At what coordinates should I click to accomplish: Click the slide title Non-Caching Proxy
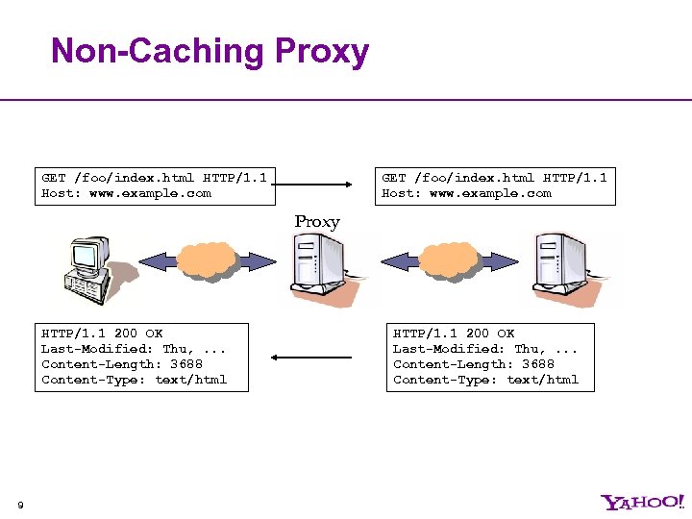coord(210,51)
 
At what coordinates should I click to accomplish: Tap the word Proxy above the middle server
coord(317,222)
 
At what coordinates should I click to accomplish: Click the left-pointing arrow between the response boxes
coord(311,358)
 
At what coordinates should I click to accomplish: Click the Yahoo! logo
coord(643,502)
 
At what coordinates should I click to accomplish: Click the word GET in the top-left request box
coord(54,178)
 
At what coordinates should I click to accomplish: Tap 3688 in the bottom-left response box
coord(185,364)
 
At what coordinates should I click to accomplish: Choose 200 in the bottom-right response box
coord(478,334)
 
